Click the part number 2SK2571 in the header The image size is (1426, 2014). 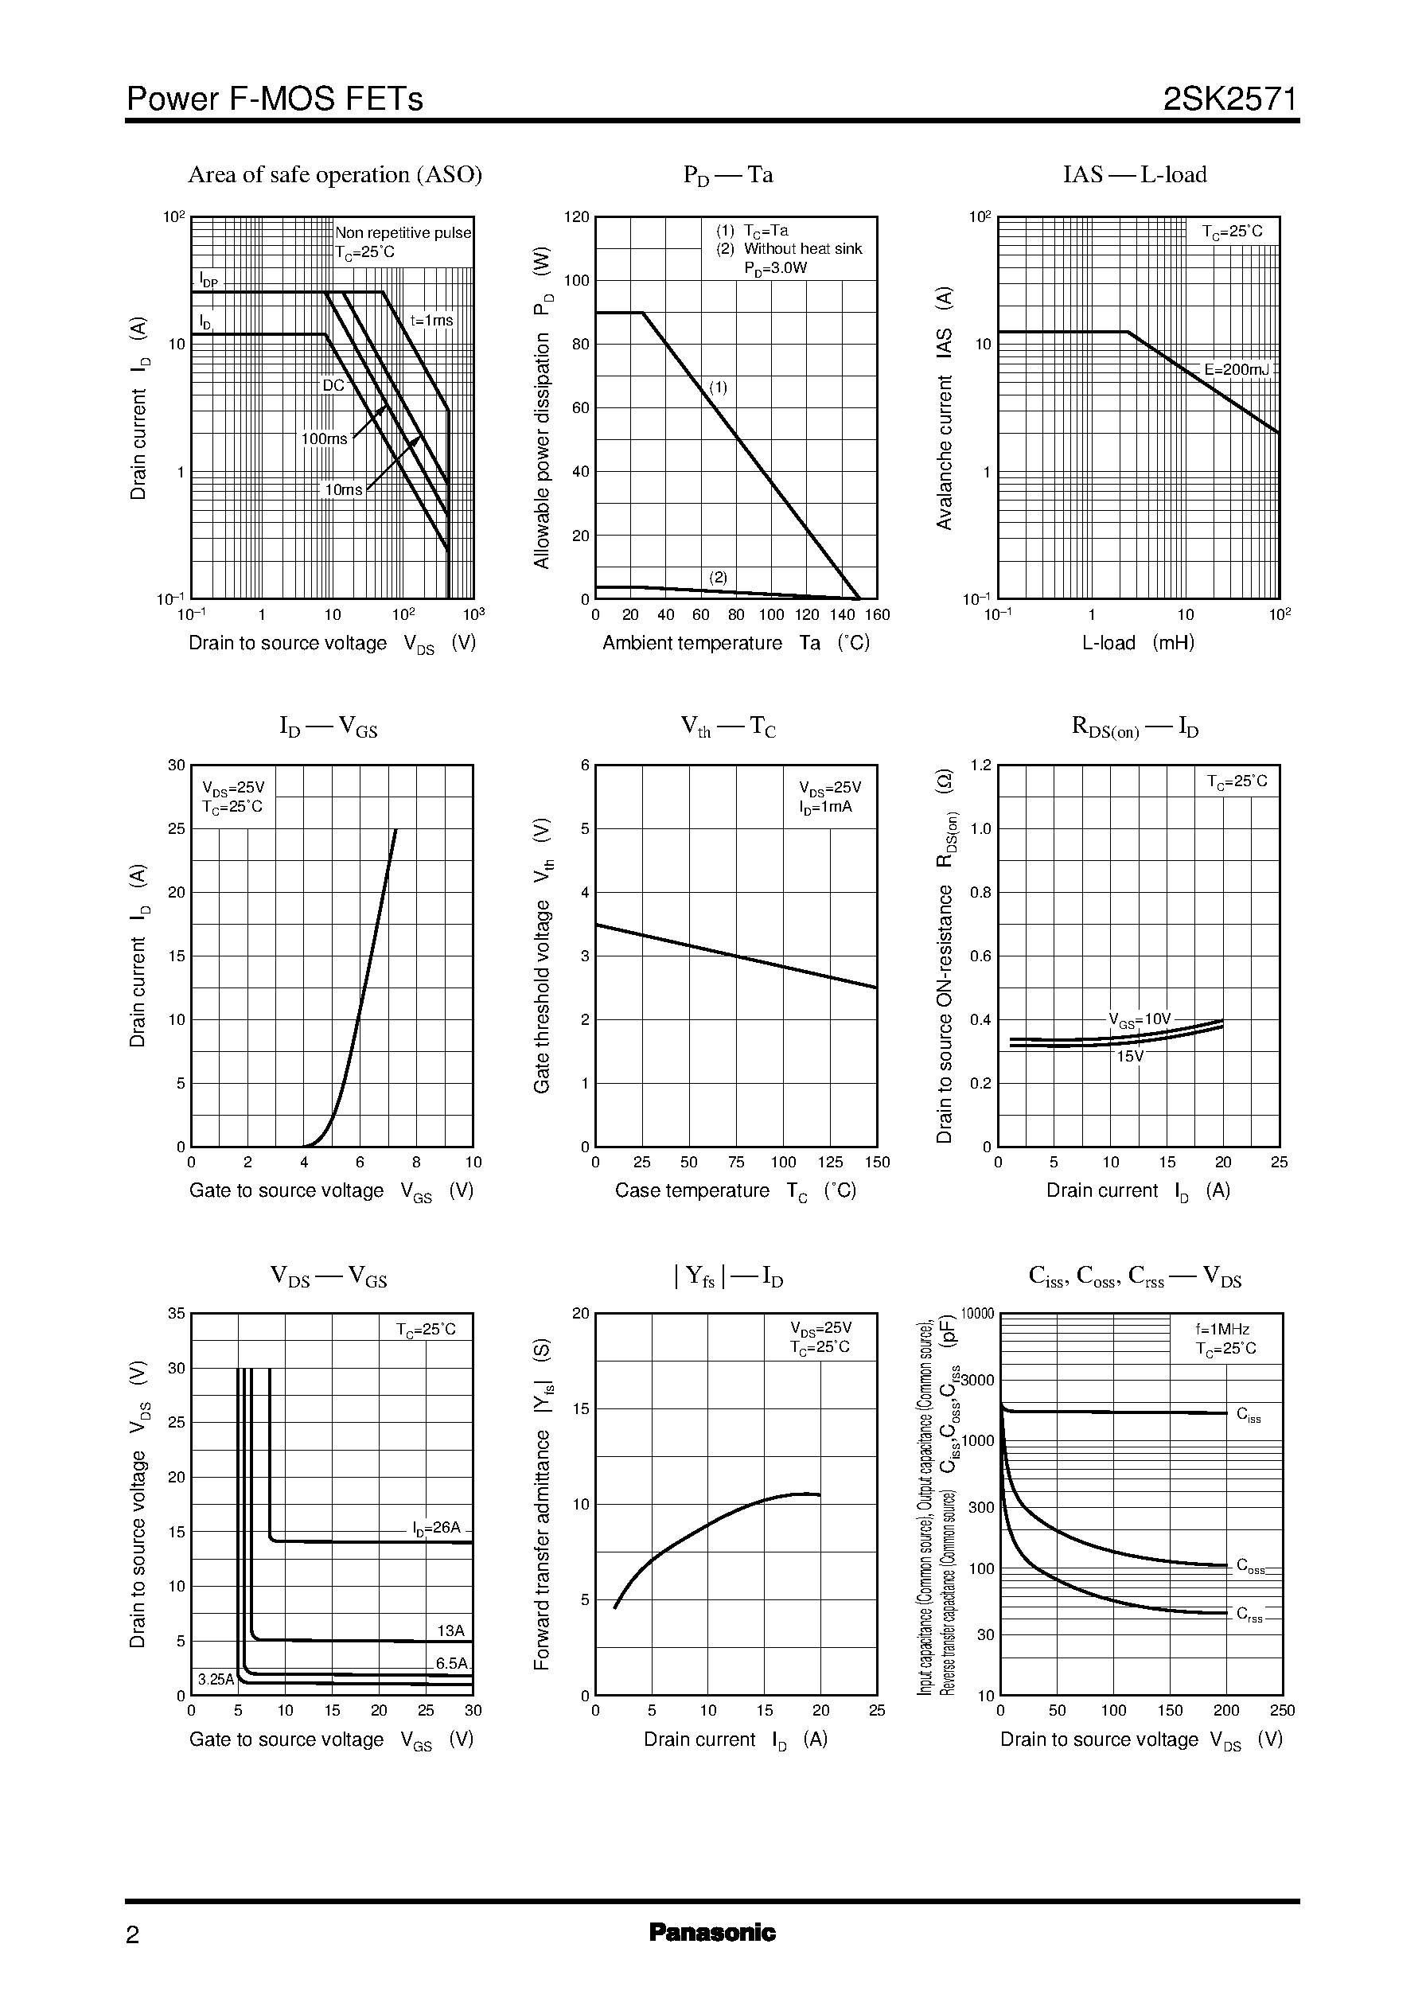(1229, 99)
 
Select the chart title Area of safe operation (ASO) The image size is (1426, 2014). (334, 175)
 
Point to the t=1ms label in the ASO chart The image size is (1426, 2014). (431, 321)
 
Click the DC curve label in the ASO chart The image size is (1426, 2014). (333, 384)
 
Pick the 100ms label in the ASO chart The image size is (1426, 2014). (324, 438)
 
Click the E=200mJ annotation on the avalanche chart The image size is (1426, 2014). (1237, 369)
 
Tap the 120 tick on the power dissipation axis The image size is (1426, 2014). (577, 217)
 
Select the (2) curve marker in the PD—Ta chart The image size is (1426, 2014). (719, 577)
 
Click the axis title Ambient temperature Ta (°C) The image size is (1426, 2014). (736, 643)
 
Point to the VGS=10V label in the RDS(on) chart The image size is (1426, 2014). (1140, 1019)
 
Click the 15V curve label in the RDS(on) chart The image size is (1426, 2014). (1129, 1056)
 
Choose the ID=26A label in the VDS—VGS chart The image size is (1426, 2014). (436, 1528)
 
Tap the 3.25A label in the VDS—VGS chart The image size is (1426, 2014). (216, 1680)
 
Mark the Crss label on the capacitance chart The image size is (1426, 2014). (1249, 1614)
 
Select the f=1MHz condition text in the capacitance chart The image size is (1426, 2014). (1222, 1329)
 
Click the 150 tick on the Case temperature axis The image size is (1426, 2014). (876, 1163)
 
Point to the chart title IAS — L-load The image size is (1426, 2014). (1135, 175)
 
